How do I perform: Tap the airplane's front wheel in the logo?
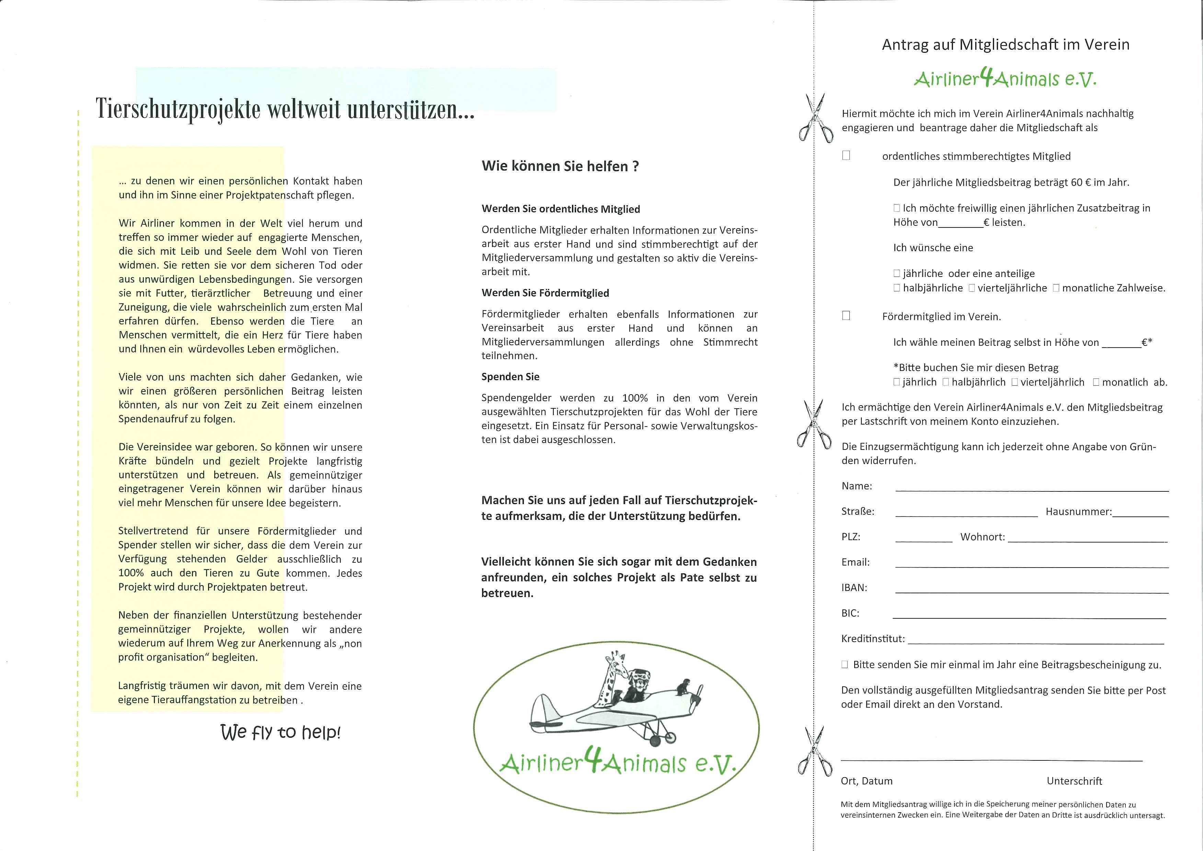pos(655,741)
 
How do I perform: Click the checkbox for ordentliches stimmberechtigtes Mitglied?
pos(846,156)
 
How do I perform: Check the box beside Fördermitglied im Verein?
pos(846,315)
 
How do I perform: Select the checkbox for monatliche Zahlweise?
pos(1056,288)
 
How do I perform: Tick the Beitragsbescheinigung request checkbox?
pos(845,664)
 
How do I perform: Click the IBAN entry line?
pos(1032,590)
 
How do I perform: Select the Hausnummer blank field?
pos(1140,514)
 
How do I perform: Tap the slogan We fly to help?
pos(280,732)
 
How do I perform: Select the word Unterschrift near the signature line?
pos(1074,781)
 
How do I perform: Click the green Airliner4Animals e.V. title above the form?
pos(1005,80)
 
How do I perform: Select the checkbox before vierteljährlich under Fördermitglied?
pos(1015,382)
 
